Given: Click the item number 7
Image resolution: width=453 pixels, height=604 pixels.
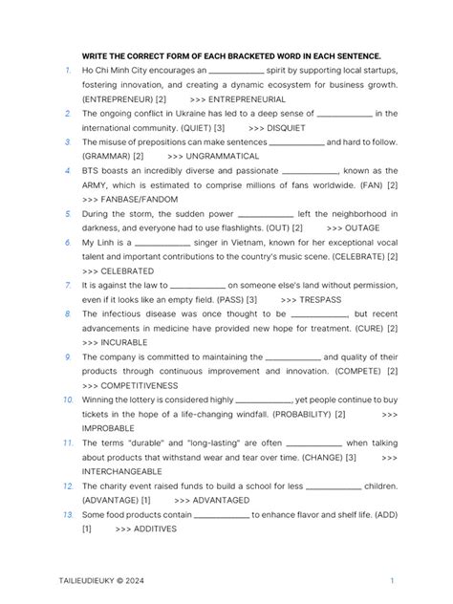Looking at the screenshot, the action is (x=69, y=285).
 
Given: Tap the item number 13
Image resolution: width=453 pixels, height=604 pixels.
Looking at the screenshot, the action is (x=68, y=514).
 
